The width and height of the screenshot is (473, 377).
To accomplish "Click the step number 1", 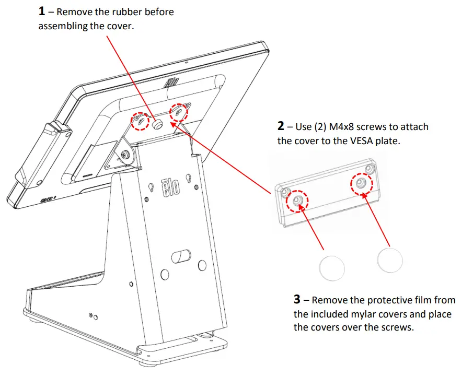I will (42, 10).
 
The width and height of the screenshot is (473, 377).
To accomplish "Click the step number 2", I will (281, 126).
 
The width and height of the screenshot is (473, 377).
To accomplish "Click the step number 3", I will (297, 300).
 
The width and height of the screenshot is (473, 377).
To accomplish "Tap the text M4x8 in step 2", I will (344, 127).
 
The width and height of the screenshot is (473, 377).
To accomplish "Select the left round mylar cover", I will (332, 268).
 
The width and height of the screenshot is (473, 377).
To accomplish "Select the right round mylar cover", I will (390, 260).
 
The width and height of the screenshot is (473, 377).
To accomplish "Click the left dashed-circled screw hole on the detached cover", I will (297, 201).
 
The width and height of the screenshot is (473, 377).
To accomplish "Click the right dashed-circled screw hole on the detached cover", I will (361, 183).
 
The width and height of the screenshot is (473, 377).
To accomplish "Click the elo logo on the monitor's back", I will (171, 83).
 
